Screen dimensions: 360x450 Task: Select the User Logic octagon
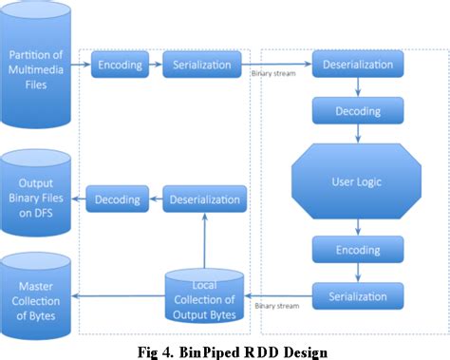click(x=357, y=180)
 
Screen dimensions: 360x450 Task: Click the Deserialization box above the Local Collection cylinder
click(x=205, y=199)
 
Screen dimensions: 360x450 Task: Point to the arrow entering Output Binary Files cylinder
click(x=80, y=199)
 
